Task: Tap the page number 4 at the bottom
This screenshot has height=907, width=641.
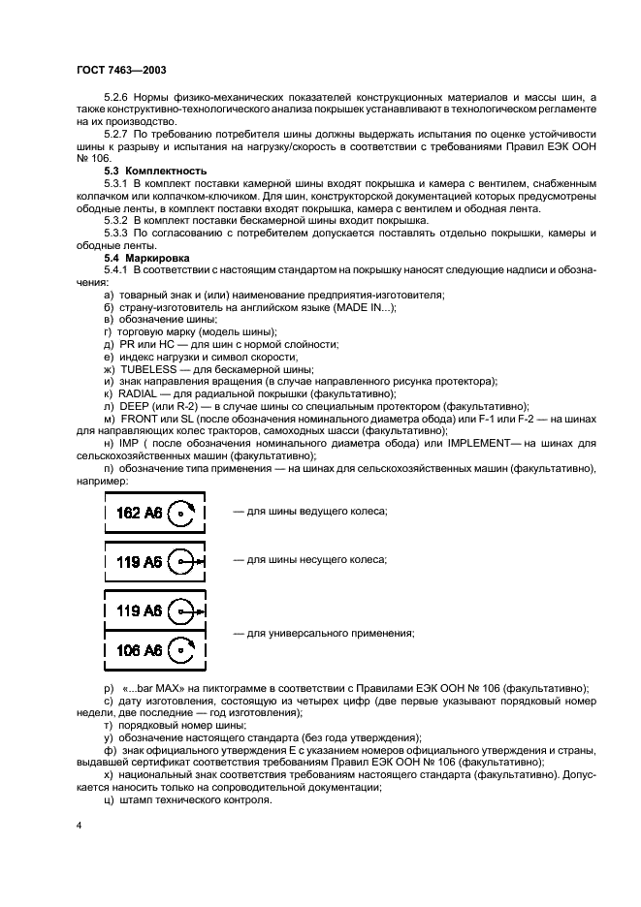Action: [79, 823]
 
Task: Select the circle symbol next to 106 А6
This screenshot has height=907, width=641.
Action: [181, 649]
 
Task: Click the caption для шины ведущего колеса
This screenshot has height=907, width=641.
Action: [309, 511]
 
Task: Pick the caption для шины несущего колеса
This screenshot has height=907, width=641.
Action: [309, 560]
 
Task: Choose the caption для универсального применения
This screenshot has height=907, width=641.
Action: [323, 633]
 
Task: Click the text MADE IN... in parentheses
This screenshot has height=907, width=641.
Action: [362, 307]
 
